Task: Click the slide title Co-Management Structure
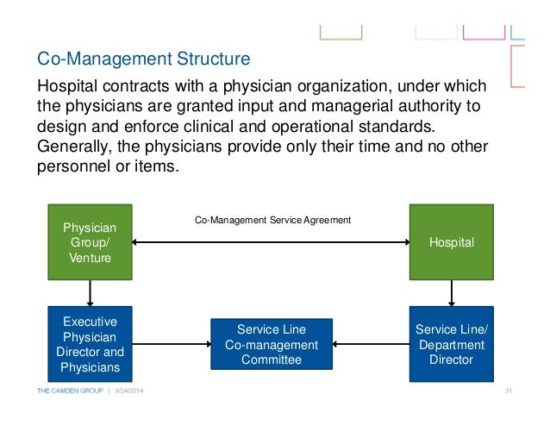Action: coord(143,60)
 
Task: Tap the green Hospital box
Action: coord(452,242)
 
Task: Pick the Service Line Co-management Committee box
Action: coord(271,344)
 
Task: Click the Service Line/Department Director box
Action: coord(452,344)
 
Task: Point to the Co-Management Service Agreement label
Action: coord(272,221)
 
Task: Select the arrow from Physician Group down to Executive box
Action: coord(89,293)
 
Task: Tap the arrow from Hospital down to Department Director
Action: coord(452,293)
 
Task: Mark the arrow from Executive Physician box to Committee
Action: coord(172,345)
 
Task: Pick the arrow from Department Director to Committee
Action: coord(371,345)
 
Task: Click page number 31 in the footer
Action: coord(508,393)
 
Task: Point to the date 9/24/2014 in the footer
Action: coord(129,393)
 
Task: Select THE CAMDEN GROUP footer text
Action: coord(70,393)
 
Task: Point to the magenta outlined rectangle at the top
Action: coord(484,33)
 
